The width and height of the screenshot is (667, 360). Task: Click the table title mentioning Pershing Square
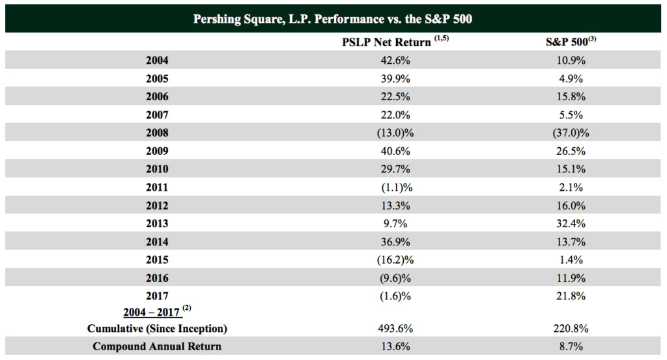coord(333,18)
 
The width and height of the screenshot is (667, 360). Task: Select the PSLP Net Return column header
coord(386,42)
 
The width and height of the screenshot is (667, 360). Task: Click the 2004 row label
coord(158,61)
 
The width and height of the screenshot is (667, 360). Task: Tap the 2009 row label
coord(158,151)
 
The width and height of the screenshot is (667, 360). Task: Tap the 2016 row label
coord(158,278)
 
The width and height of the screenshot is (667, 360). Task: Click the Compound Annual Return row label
coord(157,346)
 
